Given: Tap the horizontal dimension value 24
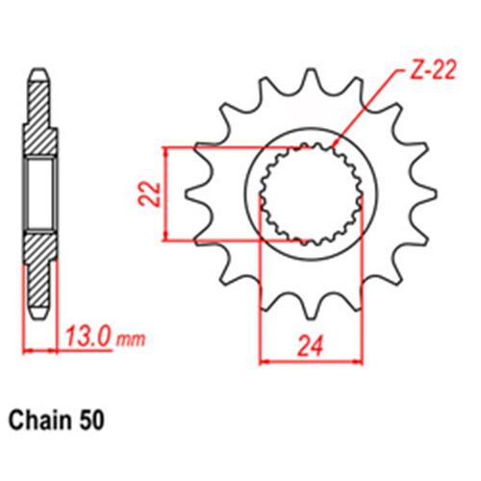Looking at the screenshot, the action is click(x=310, y=346).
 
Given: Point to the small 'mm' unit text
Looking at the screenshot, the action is click(x=131, y=340).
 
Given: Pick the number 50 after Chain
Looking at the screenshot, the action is click(x=93, y=419).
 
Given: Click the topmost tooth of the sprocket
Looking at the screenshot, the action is click(x=311, y=77).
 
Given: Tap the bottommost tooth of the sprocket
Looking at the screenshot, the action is click(x=311, y=310).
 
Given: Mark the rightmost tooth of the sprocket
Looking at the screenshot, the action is click(x=428, y=193).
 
